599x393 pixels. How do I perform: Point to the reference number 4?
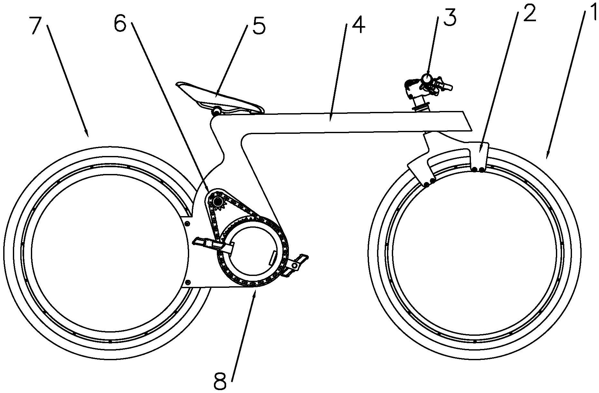(x=358, y=24)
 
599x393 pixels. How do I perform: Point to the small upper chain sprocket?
(x=218, y=202)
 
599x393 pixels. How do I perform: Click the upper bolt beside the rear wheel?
(x=188, y=223)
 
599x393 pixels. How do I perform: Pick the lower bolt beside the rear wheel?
(x=188, y=282)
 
